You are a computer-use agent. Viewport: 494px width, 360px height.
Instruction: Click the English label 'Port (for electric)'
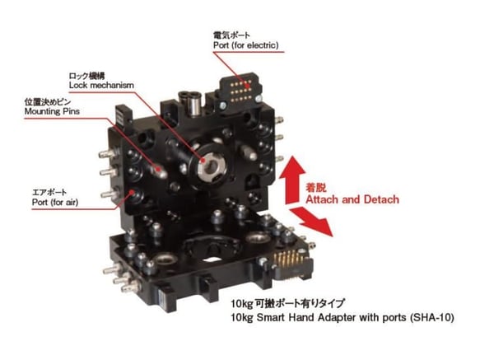245,45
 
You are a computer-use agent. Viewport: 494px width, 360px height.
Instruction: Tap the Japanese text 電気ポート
231,35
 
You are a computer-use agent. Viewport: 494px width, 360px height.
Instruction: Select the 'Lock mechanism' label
101,85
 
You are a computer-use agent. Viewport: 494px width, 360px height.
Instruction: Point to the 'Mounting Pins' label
52,111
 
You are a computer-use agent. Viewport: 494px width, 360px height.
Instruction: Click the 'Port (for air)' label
55,202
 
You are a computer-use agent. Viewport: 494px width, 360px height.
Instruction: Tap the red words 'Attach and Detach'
352,199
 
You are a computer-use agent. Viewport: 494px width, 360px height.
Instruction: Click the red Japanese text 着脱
315,188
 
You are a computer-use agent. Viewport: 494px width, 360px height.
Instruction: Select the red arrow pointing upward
292,180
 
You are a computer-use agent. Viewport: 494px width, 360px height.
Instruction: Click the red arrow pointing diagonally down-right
311,222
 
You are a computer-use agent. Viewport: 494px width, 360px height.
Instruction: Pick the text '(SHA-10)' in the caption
432,317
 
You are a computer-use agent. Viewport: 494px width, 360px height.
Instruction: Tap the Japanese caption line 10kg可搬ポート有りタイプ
287,304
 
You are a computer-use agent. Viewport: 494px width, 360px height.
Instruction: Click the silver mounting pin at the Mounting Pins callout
159,171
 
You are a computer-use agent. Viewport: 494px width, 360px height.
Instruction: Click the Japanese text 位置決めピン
48,102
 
